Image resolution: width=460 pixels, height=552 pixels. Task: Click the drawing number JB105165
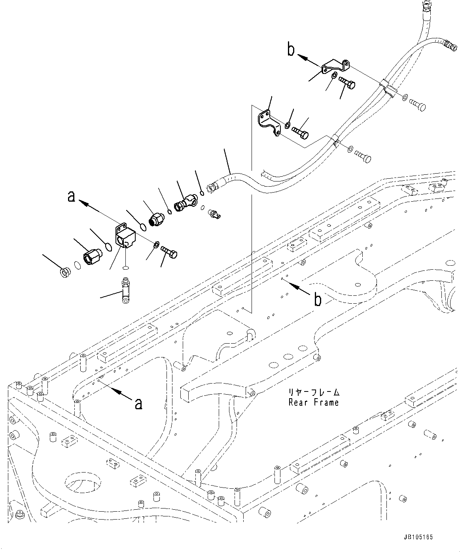click(x=418, y=537)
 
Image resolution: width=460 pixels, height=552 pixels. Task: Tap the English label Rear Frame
click(x=314, y=403)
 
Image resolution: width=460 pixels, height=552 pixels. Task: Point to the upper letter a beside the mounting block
click(x=71, y=197)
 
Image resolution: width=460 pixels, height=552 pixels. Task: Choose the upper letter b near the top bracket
click(x=291, y=50)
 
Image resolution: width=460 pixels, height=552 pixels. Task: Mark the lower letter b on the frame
click(x=317, y=300)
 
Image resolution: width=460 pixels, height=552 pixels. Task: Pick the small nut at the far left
click(x=64, y=272)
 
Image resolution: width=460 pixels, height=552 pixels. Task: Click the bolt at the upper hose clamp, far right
click(x=416, y=106)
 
